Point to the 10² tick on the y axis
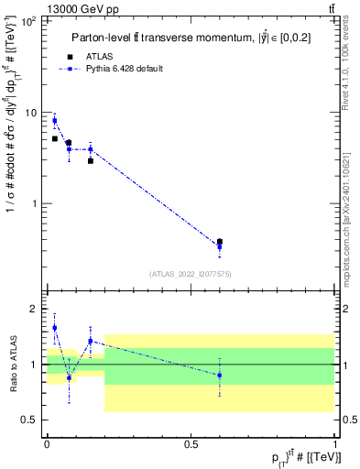tap(27, 20)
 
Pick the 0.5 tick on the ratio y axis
tap(29, 420)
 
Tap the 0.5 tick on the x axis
tap(191, 443)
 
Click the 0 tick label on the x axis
tap(47, 443)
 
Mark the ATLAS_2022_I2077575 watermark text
tap(190, 274)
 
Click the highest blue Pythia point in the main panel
tap(54, 121)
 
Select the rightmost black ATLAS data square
tap(219, 242)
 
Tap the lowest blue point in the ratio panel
tap(69, 377)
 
